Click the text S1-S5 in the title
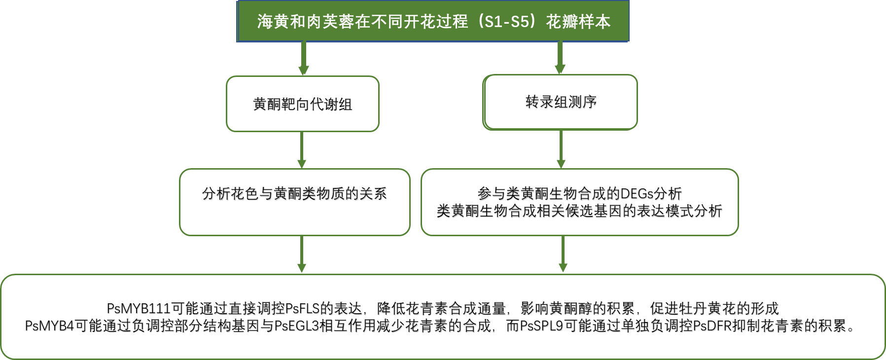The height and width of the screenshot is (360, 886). pos(507,22)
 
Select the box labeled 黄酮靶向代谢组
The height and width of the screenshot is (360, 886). pos(302,104)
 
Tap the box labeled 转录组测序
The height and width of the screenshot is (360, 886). pos(561,102)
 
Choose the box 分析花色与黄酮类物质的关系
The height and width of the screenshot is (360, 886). pos(294,202)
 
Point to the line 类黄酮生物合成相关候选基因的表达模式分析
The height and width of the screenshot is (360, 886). pos(579,212)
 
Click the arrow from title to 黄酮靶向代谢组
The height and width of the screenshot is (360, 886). pos(304,58)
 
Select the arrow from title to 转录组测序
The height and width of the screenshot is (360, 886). pos(560,58)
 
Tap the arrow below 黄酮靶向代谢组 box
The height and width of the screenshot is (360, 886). pos(302,150)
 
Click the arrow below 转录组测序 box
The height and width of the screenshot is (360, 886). pos(561,149)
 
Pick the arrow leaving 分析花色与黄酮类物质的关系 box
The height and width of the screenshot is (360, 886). pos(302,254)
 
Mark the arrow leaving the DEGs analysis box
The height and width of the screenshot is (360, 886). pos(563,254)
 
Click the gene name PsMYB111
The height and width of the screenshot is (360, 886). pos(139,309)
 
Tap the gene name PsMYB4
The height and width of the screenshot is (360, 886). pos(49,326)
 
